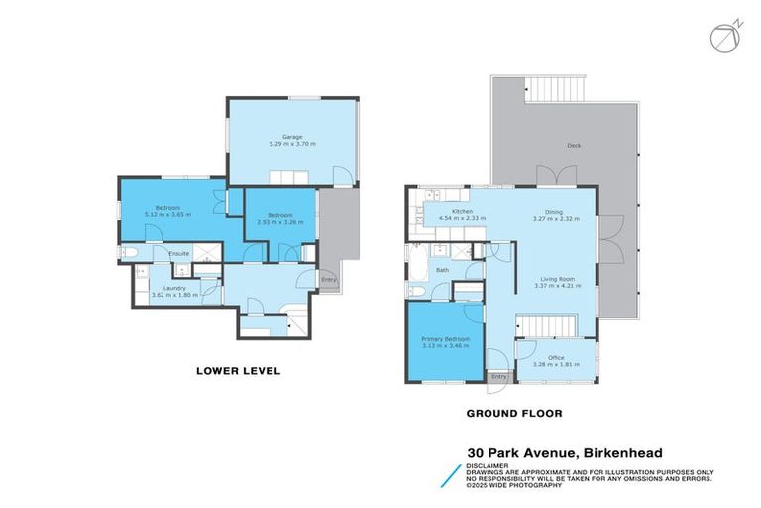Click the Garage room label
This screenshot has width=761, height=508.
290,137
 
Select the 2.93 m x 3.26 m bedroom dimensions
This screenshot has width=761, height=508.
278,222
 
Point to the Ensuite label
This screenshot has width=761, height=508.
179,254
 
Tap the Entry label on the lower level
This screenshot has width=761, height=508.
328,279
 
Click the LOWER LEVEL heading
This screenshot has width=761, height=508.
237,371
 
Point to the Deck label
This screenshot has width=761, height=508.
574,146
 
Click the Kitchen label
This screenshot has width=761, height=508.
462,211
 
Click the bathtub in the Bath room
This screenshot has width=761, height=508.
415,262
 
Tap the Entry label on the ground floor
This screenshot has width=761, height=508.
499,377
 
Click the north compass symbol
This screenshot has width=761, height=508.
724,35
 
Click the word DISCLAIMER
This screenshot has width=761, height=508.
489,464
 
